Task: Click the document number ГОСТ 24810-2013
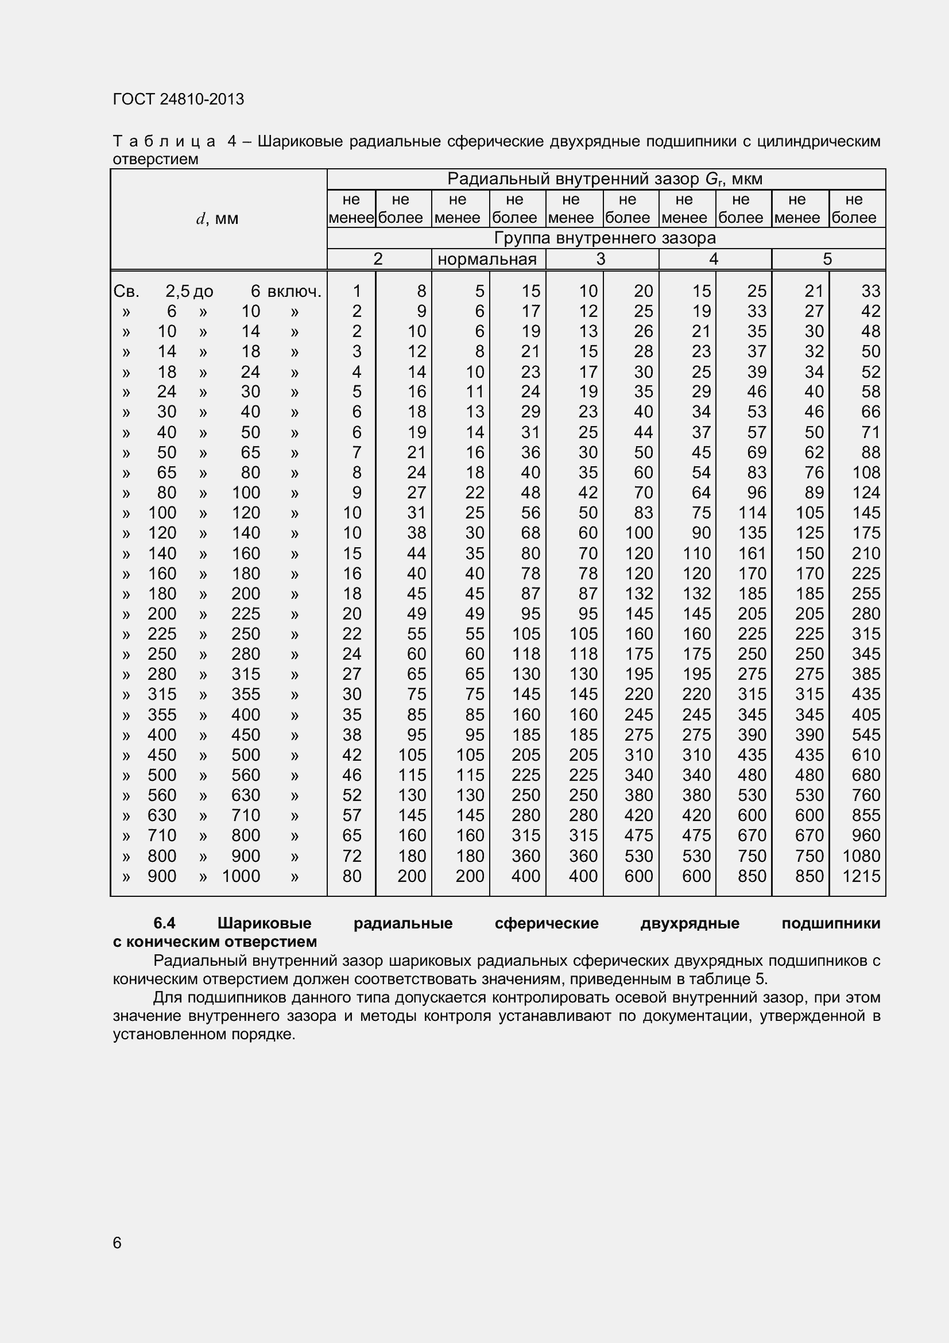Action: tap(179, 99)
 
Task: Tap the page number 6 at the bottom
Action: tap(117, 1243)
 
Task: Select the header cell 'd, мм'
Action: tap(218, 219)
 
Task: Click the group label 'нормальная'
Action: tap(487, 259)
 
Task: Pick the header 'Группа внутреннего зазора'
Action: tap(605, 238)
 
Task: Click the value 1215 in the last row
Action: tap(861, 876)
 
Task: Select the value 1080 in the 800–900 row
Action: tap(861, 856)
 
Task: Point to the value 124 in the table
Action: tap(866, 493)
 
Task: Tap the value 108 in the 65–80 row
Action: tap(866, 472)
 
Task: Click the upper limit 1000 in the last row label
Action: tap(241, 876)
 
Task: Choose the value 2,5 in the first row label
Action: tap(177, 291)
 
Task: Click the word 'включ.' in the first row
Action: tap(294, 291)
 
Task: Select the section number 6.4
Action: tap(164, 923)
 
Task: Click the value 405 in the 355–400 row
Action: tap(866, 714)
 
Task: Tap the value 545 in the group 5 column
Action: tap(866, 735)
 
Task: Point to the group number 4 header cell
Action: tap(714, 259)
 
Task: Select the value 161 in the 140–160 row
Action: tap(752, 553)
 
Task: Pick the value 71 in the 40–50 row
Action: tap(871, 432)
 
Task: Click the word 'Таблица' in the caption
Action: tap(164, 142)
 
